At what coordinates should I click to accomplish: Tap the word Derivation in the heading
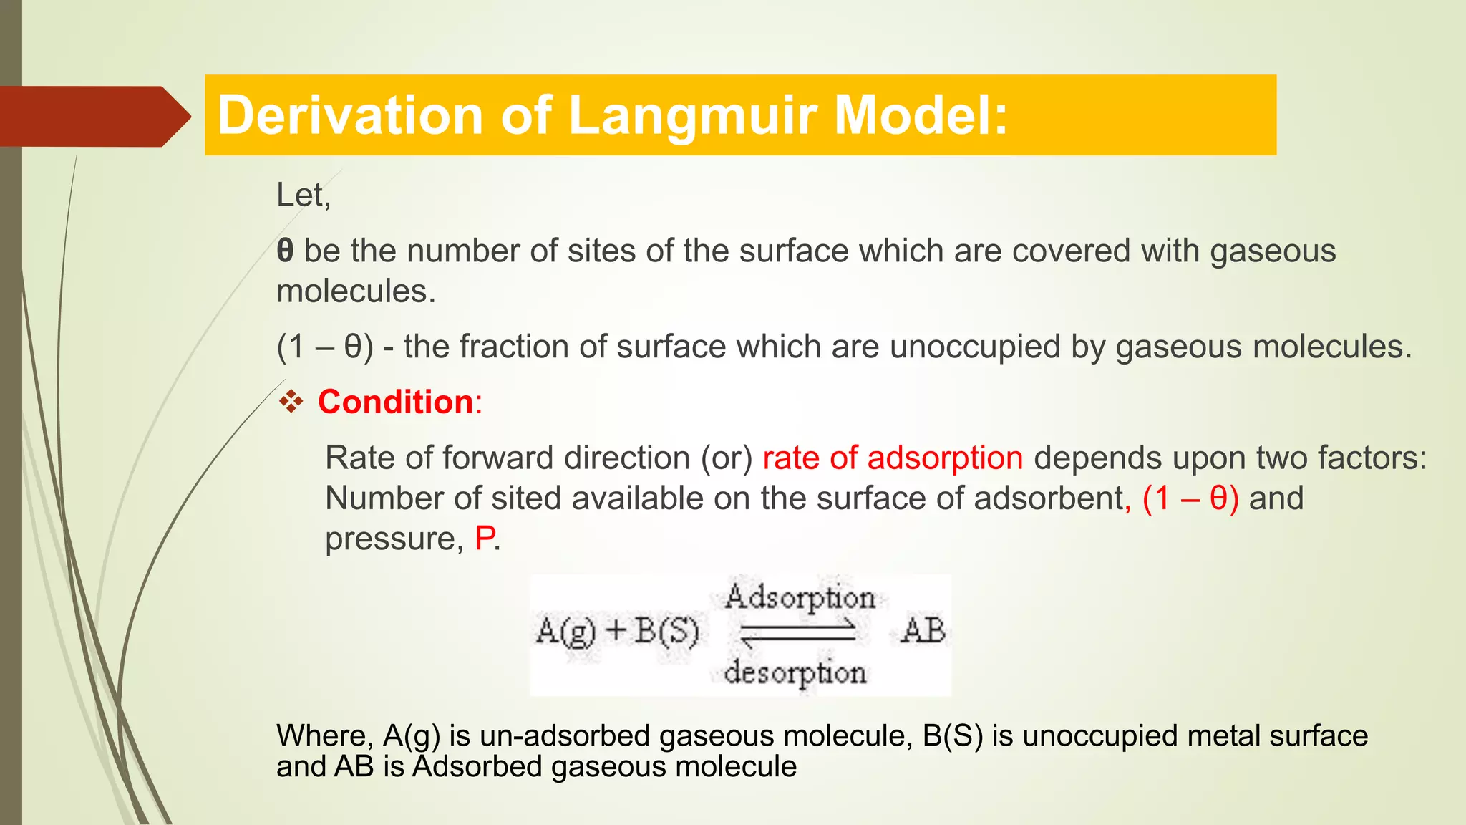(350, 116)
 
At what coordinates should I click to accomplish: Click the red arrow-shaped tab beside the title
(93, 116)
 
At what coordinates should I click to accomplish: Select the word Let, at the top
(304, 196)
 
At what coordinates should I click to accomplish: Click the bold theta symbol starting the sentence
(285, 251)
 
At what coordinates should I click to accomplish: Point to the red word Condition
(395, 402)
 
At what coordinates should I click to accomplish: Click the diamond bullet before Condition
(291, 402)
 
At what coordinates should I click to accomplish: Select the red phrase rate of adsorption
(893, 458)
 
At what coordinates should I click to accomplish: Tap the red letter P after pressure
(485, 538)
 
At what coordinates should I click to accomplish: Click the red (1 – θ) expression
(1190, 498)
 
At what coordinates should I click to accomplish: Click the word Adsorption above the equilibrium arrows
(800, 598)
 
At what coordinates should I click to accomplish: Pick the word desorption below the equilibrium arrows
(795, 672)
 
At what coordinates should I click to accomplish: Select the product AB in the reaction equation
(923, 631)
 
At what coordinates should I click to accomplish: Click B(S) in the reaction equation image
(666, 631)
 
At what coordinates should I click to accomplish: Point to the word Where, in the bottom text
(324, 736)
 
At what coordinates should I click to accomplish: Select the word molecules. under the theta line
(356, 291)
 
